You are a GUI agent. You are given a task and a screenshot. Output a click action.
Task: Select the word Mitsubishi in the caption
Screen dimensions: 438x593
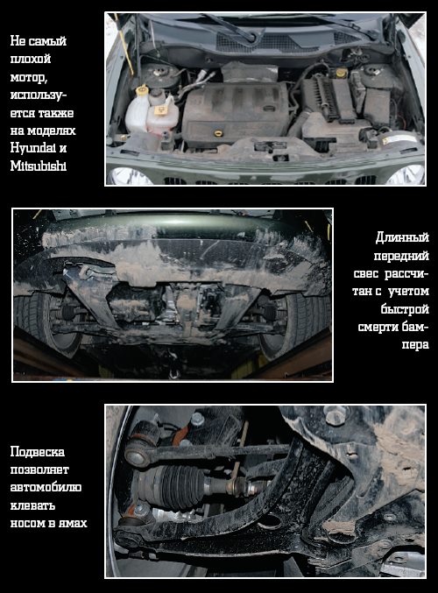coord(39,166)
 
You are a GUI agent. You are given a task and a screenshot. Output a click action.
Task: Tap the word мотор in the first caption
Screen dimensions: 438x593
coord(28,77)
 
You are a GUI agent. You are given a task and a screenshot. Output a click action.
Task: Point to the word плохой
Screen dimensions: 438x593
coord(31,59)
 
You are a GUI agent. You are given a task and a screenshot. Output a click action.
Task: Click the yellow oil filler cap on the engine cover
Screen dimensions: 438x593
coord(218,133)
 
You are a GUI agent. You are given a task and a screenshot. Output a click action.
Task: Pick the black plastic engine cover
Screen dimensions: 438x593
coord(236,113)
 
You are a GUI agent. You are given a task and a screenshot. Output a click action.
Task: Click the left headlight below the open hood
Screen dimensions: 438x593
coord(130,176)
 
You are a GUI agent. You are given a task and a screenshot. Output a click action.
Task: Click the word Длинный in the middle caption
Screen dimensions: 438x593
coord(402,237)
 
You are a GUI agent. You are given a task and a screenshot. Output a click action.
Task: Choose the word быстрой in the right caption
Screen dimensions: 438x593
coord(405,309)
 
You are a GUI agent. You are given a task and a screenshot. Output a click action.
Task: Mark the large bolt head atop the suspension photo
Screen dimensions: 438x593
coord(336,415)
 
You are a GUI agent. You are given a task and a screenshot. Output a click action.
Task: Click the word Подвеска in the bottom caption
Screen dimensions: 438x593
coord(38,452)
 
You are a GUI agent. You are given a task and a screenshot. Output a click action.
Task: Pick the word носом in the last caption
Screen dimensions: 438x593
coord(26,524)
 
